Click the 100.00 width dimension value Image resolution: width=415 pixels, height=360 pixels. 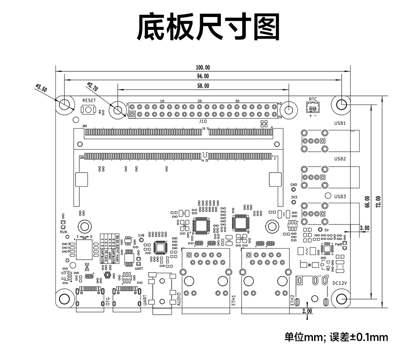click(x=203, y=67)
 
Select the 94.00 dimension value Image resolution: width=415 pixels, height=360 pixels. click(x=203, y=76)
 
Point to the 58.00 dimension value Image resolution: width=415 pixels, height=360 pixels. click(x=203, y=86)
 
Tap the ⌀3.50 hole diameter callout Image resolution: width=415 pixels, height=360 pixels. click(x=42, y=89)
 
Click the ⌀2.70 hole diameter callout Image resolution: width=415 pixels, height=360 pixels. click(x=92, y=87)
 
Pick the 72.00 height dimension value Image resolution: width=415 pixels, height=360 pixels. click(x=378, y=202)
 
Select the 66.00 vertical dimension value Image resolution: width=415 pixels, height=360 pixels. click(x=367, y=202)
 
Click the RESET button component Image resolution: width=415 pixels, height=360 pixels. click(x=88, y=110)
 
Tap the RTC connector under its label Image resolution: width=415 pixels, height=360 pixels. click(x=313, y=109)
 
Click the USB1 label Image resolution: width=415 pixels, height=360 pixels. click(x=340, y=123)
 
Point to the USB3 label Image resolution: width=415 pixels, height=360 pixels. click(x=340, y=196)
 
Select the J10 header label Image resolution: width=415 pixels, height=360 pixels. click(x=203, y=121)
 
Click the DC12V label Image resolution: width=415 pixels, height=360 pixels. click(x=339, y=283)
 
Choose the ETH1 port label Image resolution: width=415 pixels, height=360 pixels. click(x=234, y=300)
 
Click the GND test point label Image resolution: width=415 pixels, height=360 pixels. click(x=293, y=185)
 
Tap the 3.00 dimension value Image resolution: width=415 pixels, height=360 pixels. click(x=364, y=228)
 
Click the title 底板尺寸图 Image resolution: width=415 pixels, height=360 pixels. click(x=208, y=28)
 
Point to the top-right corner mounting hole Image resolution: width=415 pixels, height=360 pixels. click(x=342, y=104)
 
